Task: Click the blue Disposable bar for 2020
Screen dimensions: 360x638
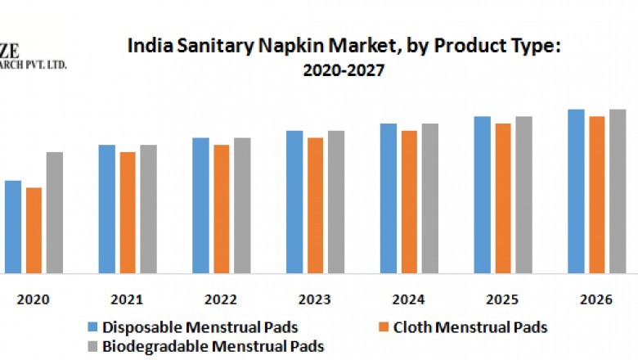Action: coord(13,227)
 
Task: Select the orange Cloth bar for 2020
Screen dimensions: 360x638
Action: coord(34,230)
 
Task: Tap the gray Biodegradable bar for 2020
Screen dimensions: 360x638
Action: coord(54,212)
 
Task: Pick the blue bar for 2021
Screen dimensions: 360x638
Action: coord(107,209)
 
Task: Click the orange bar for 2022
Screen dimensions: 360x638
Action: coord(222,209)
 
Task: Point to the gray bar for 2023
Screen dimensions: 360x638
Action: coord(336,201)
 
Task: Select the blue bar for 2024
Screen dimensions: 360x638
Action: coord(389,198)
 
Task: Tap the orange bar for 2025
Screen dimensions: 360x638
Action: coord(503,198)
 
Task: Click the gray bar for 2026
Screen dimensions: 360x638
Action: coord(618,191)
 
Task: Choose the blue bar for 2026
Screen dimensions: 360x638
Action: coord(577,191)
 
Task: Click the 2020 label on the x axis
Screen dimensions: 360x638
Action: coord(34,300)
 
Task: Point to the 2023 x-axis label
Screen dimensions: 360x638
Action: coord(315,300)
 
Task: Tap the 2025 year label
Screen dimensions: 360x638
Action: coord(503,300)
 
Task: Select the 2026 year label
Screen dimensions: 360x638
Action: coord(597,300)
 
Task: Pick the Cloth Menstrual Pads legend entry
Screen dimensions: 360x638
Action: coord(470,327)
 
